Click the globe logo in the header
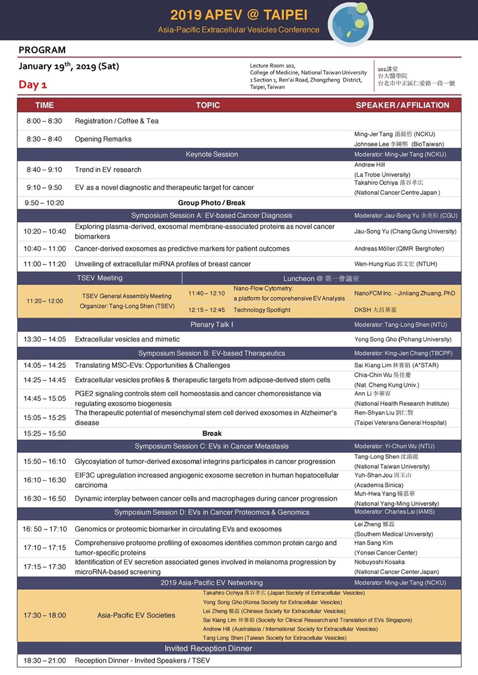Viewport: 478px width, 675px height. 350,24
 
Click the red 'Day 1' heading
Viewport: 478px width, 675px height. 33,85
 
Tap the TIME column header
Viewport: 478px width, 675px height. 44,105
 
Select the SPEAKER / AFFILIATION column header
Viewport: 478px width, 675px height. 402,105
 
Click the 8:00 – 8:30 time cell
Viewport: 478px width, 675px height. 44,121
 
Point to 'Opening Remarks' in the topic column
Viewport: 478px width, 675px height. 103,139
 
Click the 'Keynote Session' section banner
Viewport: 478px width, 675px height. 212,154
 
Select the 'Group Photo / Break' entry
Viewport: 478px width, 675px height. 211,203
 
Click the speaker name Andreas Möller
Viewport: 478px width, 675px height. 376,249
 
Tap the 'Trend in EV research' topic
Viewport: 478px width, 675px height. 108,170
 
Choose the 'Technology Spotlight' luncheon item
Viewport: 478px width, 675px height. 262,310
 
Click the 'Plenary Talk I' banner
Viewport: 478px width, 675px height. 211,324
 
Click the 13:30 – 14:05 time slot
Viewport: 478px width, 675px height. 44,339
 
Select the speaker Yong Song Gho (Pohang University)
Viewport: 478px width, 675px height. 402,339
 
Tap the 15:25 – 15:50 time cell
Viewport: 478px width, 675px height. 44,434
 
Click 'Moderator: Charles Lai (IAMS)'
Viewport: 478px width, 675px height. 393,512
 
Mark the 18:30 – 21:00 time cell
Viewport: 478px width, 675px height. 44,661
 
